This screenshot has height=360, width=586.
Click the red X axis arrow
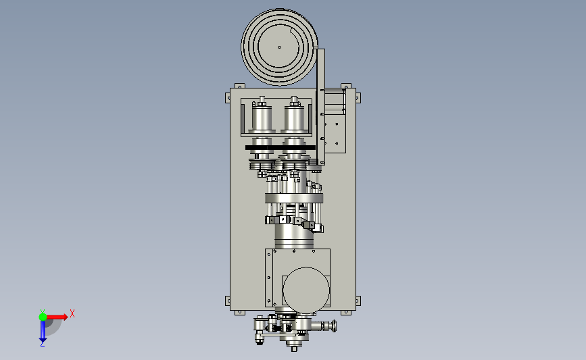[56, 317]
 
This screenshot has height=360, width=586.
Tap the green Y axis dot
[43, 317]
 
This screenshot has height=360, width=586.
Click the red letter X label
[72, 313]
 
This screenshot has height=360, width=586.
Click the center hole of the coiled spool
[280, 47]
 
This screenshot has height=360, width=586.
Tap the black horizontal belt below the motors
[280, 147]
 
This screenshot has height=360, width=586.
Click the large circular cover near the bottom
[306, 290]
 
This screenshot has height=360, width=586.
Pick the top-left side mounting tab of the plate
[228, 98]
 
